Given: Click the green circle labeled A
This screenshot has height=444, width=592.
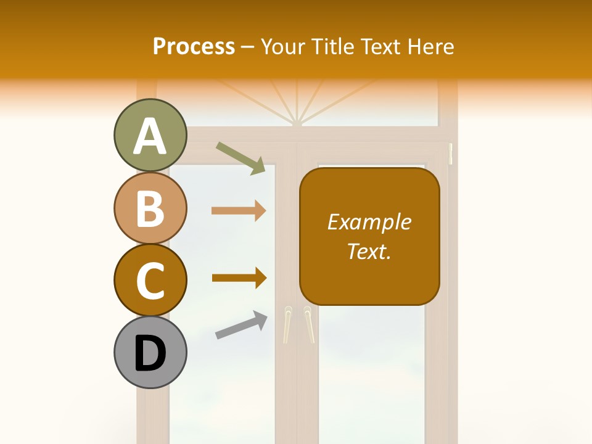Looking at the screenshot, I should click(x=150, y=136).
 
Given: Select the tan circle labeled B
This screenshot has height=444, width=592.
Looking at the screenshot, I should click(x=150, y=208).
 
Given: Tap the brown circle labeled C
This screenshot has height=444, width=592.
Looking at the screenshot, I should click(x=150, y=280).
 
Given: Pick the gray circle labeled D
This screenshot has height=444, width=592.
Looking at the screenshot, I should click(x=150, y=352).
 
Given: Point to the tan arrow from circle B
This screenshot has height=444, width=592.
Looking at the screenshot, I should click(x=239, y=211).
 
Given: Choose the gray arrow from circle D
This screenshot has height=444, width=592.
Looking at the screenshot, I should click(x=241, y=325).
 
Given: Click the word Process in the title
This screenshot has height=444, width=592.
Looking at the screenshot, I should click(x=194, y=47).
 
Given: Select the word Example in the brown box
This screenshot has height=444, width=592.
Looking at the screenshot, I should click(x=369, y=222).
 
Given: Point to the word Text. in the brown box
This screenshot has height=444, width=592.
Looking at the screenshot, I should click(x=369, y=251).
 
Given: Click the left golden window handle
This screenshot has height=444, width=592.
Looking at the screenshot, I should click(x=287, y=324).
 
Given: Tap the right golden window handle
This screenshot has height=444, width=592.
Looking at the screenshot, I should click(x=308, y=323).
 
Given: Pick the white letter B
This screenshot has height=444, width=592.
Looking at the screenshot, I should click(x=150, y=208).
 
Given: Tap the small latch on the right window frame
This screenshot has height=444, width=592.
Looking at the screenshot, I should click(x=451, y=154).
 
